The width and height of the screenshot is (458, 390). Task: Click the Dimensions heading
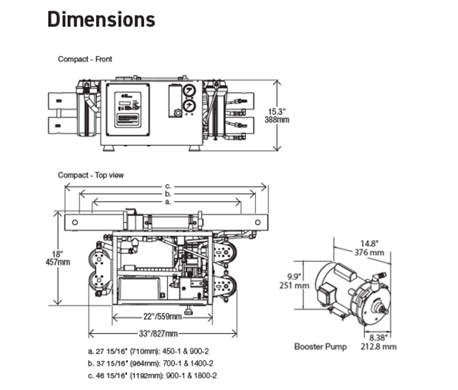tap(101, 19)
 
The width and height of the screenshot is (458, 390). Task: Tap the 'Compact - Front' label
tap(85, 59)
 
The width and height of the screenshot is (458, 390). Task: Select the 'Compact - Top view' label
tap(91, 175)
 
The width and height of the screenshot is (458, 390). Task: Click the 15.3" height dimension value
tap(278, 111)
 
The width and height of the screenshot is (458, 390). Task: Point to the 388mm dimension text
tap(278, 120)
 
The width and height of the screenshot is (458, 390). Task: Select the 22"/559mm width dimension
tap(162, 316)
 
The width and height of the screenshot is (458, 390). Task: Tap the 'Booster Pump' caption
tap(320, 346)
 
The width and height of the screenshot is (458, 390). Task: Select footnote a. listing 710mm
tap(152, 351)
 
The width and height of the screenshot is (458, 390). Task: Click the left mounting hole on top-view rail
tap(75, 222)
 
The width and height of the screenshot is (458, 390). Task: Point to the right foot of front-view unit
tap(194, 148)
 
